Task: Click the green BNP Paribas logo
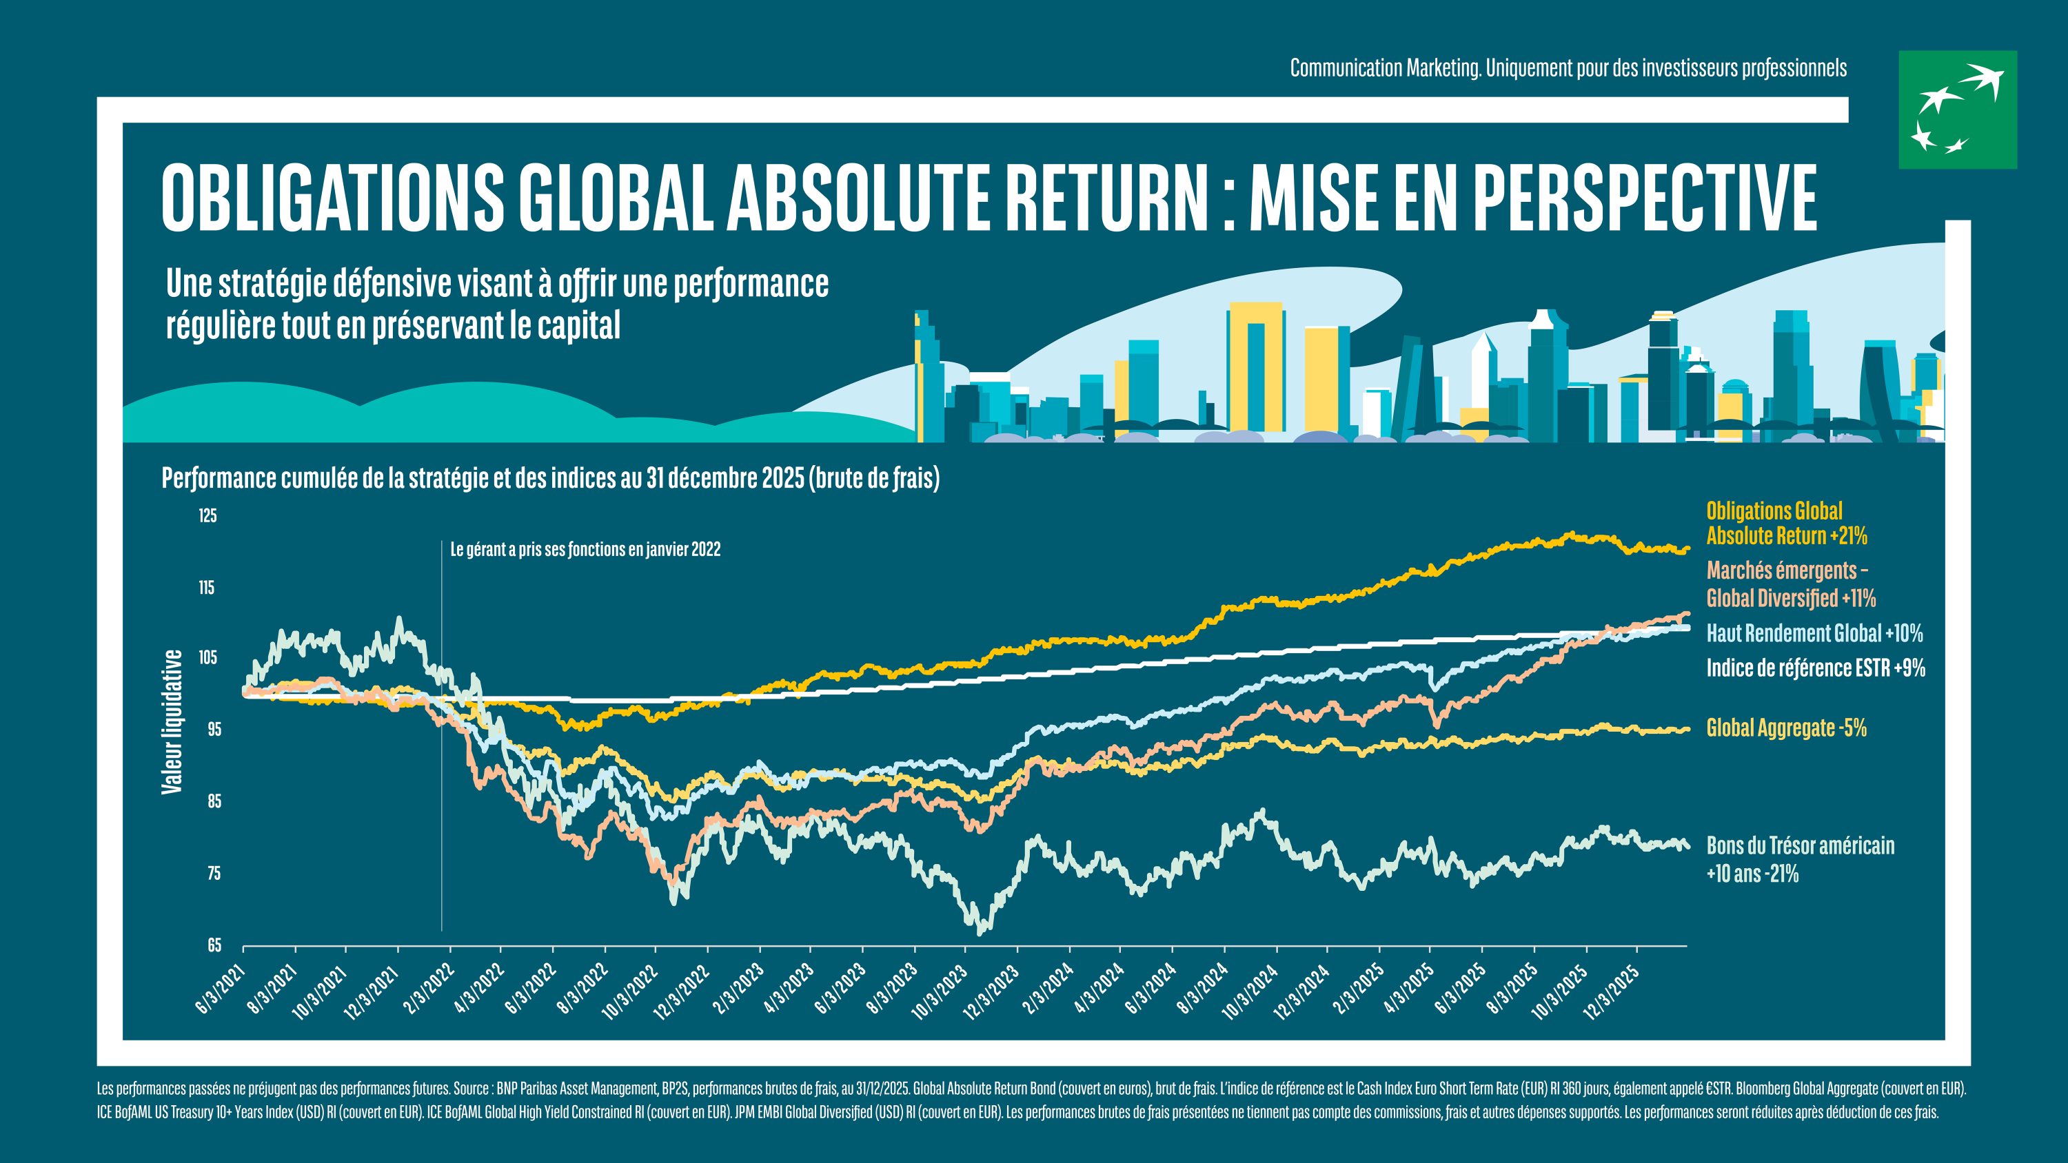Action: click(x=1957, y=110)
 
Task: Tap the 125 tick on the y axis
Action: click(x=208, y=515)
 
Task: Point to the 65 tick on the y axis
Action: click(x=214, y=945)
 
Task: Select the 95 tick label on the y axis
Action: click(x=214, y=730)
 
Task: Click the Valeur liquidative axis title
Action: click(x=172, y=722)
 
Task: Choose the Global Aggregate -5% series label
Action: click(x=1787, y=728)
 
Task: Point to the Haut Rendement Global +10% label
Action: click(x=1814, y=633)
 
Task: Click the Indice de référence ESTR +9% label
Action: click(x=1816, y=668)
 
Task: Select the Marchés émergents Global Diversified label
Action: click(x=1791, y=584)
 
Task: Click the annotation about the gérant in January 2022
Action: click(x=585, y=550)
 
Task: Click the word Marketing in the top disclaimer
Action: click(x=1443, y=68)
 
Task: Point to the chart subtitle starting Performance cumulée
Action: click(x=551, y=478)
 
